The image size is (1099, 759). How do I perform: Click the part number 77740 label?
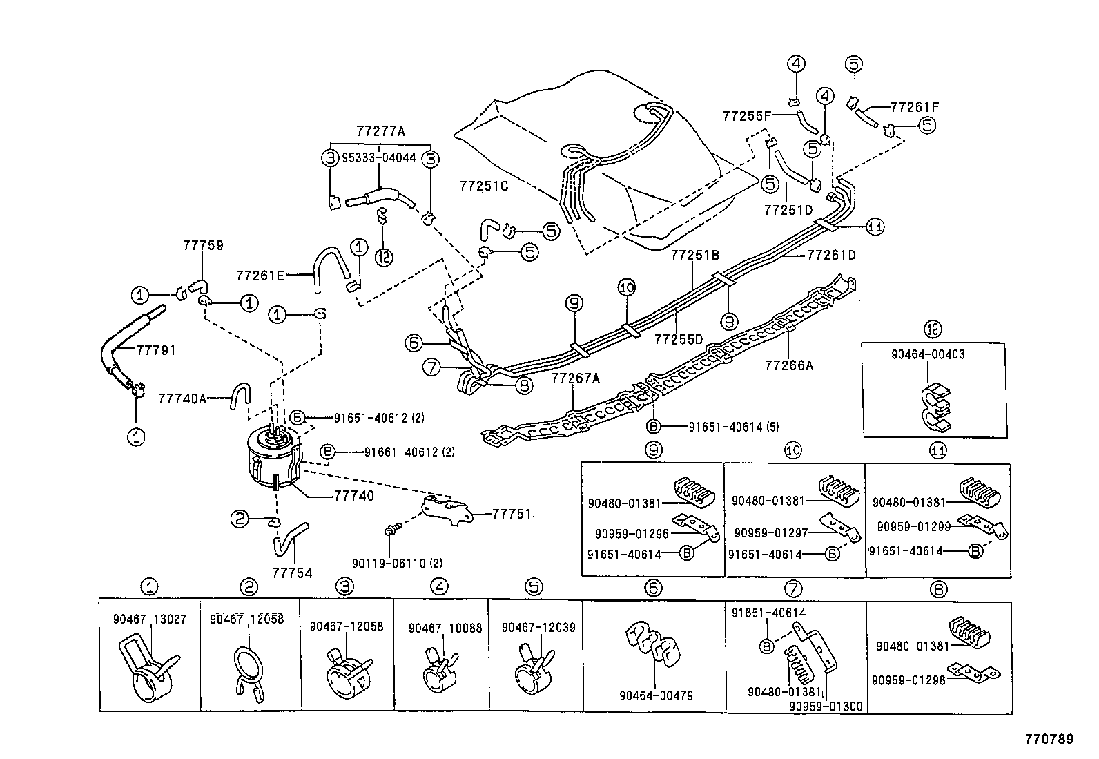353,496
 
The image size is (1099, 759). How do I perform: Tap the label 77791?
156,350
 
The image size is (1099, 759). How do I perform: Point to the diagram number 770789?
1047,739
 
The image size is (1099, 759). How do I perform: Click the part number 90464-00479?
654,695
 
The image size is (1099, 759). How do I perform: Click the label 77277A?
380,131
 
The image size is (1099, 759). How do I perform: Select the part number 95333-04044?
379,157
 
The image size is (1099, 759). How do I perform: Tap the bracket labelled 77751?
447,511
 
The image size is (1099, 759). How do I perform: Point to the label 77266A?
788,365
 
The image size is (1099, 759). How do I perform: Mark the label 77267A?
576,378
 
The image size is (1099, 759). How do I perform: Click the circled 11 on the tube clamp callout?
875,227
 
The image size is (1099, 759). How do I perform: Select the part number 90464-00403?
927,354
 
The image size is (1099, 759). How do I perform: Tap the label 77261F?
915,106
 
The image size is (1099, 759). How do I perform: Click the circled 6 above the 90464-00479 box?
653,588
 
